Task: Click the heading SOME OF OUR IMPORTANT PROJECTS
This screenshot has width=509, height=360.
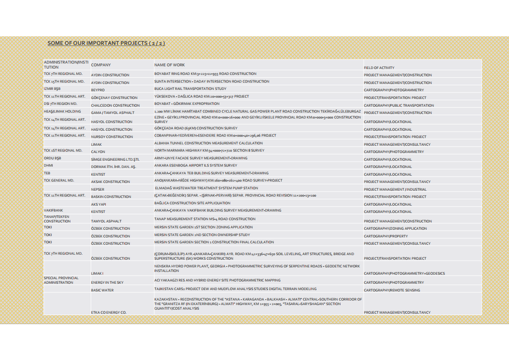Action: tap(106, 43)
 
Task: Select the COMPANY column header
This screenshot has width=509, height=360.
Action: tap(101, 65)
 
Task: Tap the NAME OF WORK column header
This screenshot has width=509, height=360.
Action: tap(169, 65)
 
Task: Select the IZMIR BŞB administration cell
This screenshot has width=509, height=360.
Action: tap(52, 89)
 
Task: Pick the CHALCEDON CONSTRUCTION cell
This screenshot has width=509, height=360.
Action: tap(115, 105)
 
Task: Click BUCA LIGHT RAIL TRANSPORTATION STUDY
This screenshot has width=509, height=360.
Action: tap(190, 89)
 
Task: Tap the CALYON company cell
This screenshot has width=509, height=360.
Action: tap(98, 152)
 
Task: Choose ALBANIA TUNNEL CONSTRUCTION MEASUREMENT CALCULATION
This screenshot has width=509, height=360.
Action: tap(208, 143)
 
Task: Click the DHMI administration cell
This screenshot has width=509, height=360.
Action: tap(49, 165)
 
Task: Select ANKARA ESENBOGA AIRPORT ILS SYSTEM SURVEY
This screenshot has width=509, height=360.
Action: tap(196, 165)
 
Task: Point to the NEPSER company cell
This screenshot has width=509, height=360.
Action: tap(98, 189)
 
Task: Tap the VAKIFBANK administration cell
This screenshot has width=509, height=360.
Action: tap(53, 210)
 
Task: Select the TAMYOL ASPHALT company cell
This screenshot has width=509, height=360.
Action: tap(106, 221)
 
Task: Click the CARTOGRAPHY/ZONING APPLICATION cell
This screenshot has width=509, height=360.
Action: tap(395, 229)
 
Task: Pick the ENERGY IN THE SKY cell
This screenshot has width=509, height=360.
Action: tap(107, 282)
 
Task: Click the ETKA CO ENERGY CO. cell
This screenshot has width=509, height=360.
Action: tap(109, 313)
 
